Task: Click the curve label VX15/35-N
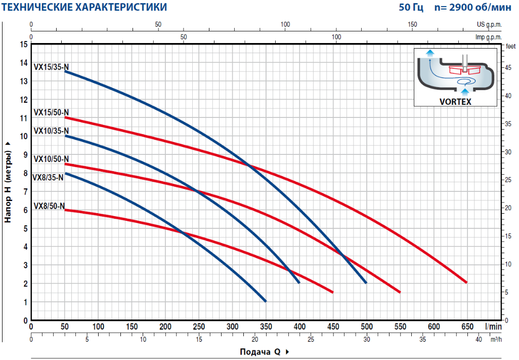[x=52, y=66]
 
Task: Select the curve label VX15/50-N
[x=52, y=112]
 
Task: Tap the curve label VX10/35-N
[x=52, y=131]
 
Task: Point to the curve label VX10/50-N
[x=52, y=159]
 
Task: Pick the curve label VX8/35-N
[x=48, y=177]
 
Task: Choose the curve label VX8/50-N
[x=50, y=206]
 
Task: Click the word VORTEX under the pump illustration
[x=456, y=101]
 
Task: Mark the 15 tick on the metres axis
[x=24, y=45]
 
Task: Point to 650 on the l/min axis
[x=467, y=326]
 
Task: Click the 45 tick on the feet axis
[x=508, y=67]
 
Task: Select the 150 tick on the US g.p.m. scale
[x=412, y=24]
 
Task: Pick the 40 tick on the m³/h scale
[x=479, y=339]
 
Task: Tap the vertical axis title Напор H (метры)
[x=8, y=182]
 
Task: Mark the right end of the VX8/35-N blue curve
[x=265, y=301]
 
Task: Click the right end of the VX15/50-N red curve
[x=466, y=282]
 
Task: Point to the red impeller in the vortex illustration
[x=464, y=69]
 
